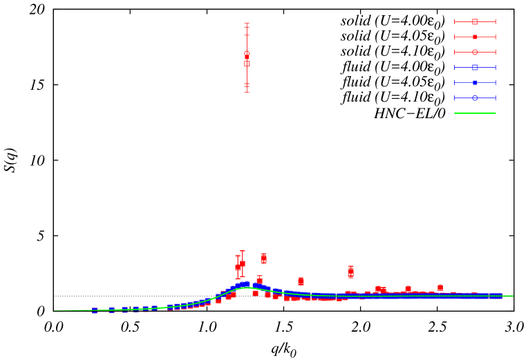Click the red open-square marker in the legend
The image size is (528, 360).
point(475,21)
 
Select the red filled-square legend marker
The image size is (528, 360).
point(475,37)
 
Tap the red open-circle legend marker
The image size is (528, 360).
point(475,52)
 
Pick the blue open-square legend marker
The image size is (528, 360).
point(475,67)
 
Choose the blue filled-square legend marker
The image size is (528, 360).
point(475,82)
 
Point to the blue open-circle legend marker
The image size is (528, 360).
point(475,97)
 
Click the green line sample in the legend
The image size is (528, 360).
point(475,113)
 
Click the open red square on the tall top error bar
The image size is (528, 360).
point(247,64)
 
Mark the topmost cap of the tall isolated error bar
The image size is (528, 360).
point(247,23)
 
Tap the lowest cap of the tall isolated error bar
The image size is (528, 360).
point(247,92)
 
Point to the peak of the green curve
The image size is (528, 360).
point(247,287)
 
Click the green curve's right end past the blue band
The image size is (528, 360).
point(512,296)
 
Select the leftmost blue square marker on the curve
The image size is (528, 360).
point(95,310)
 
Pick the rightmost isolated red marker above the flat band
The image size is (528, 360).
point(440,287)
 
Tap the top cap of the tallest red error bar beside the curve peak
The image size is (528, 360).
point(243,251)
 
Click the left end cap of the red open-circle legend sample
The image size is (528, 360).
point(454,52)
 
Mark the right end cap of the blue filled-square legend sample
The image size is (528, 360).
point(496,82)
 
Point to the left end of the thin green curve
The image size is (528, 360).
point(55,311)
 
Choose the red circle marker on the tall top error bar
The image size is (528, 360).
point(247,53)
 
